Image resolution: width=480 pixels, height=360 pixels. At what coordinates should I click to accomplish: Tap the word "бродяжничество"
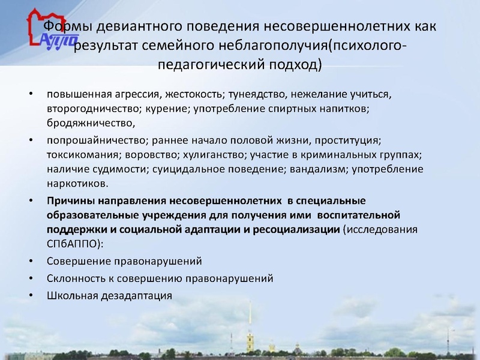pyautogui.click(x=88, y=124)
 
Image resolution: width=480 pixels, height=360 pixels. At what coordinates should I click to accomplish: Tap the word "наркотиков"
pyautogui.click(x=77, y=184)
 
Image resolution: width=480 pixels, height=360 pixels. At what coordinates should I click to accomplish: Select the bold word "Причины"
pyautogui.click(x=70, y=200)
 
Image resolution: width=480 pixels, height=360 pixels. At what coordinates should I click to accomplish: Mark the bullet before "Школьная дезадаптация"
pyautogui.click(x=30, y=296)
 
